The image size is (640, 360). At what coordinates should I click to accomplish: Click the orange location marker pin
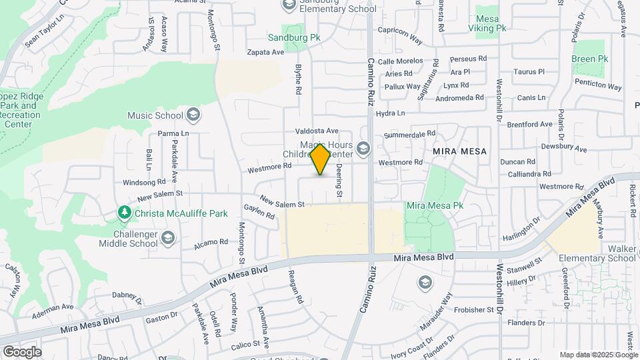coord(321,159)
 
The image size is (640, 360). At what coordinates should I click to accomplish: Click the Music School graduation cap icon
coord(193,115)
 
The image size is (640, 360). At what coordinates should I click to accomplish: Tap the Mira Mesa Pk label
coord(434,206)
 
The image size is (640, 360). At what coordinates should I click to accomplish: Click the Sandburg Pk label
coord(294,38)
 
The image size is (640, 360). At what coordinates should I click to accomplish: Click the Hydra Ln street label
coord(391,113)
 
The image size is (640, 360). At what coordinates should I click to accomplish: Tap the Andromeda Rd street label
coord(460,97)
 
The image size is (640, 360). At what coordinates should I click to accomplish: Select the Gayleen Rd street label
coord(259,211)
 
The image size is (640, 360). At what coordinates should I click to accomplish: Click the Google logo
coord(22,351)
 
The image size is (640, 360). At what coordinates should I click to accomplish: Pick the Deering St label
coord(339,181)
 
